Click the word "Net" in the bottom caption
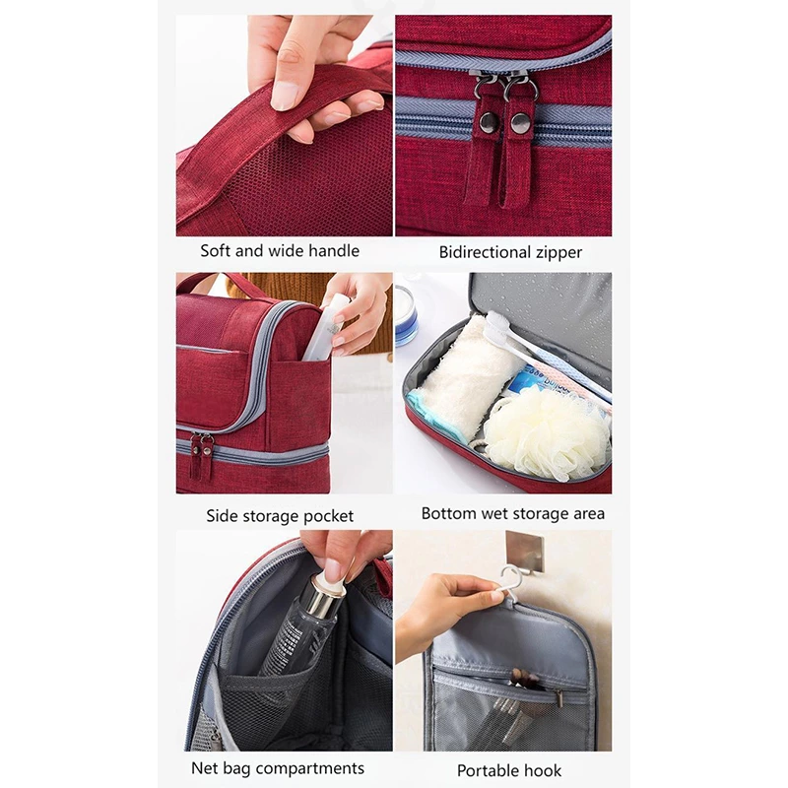coord(205,768)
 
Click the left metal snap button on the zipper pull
coord(488,122)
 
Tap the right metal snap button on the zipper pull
coord(520,124)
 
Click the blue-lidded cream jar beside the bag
coord(406,316)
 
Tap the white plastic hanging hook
coord(511,584)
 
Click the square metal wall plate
coord(525,551)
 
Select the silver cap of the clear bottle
coord(327,596)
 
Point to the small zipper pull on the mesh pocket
coord(558,696)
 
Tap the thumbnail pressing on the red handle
coord(284,96)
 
